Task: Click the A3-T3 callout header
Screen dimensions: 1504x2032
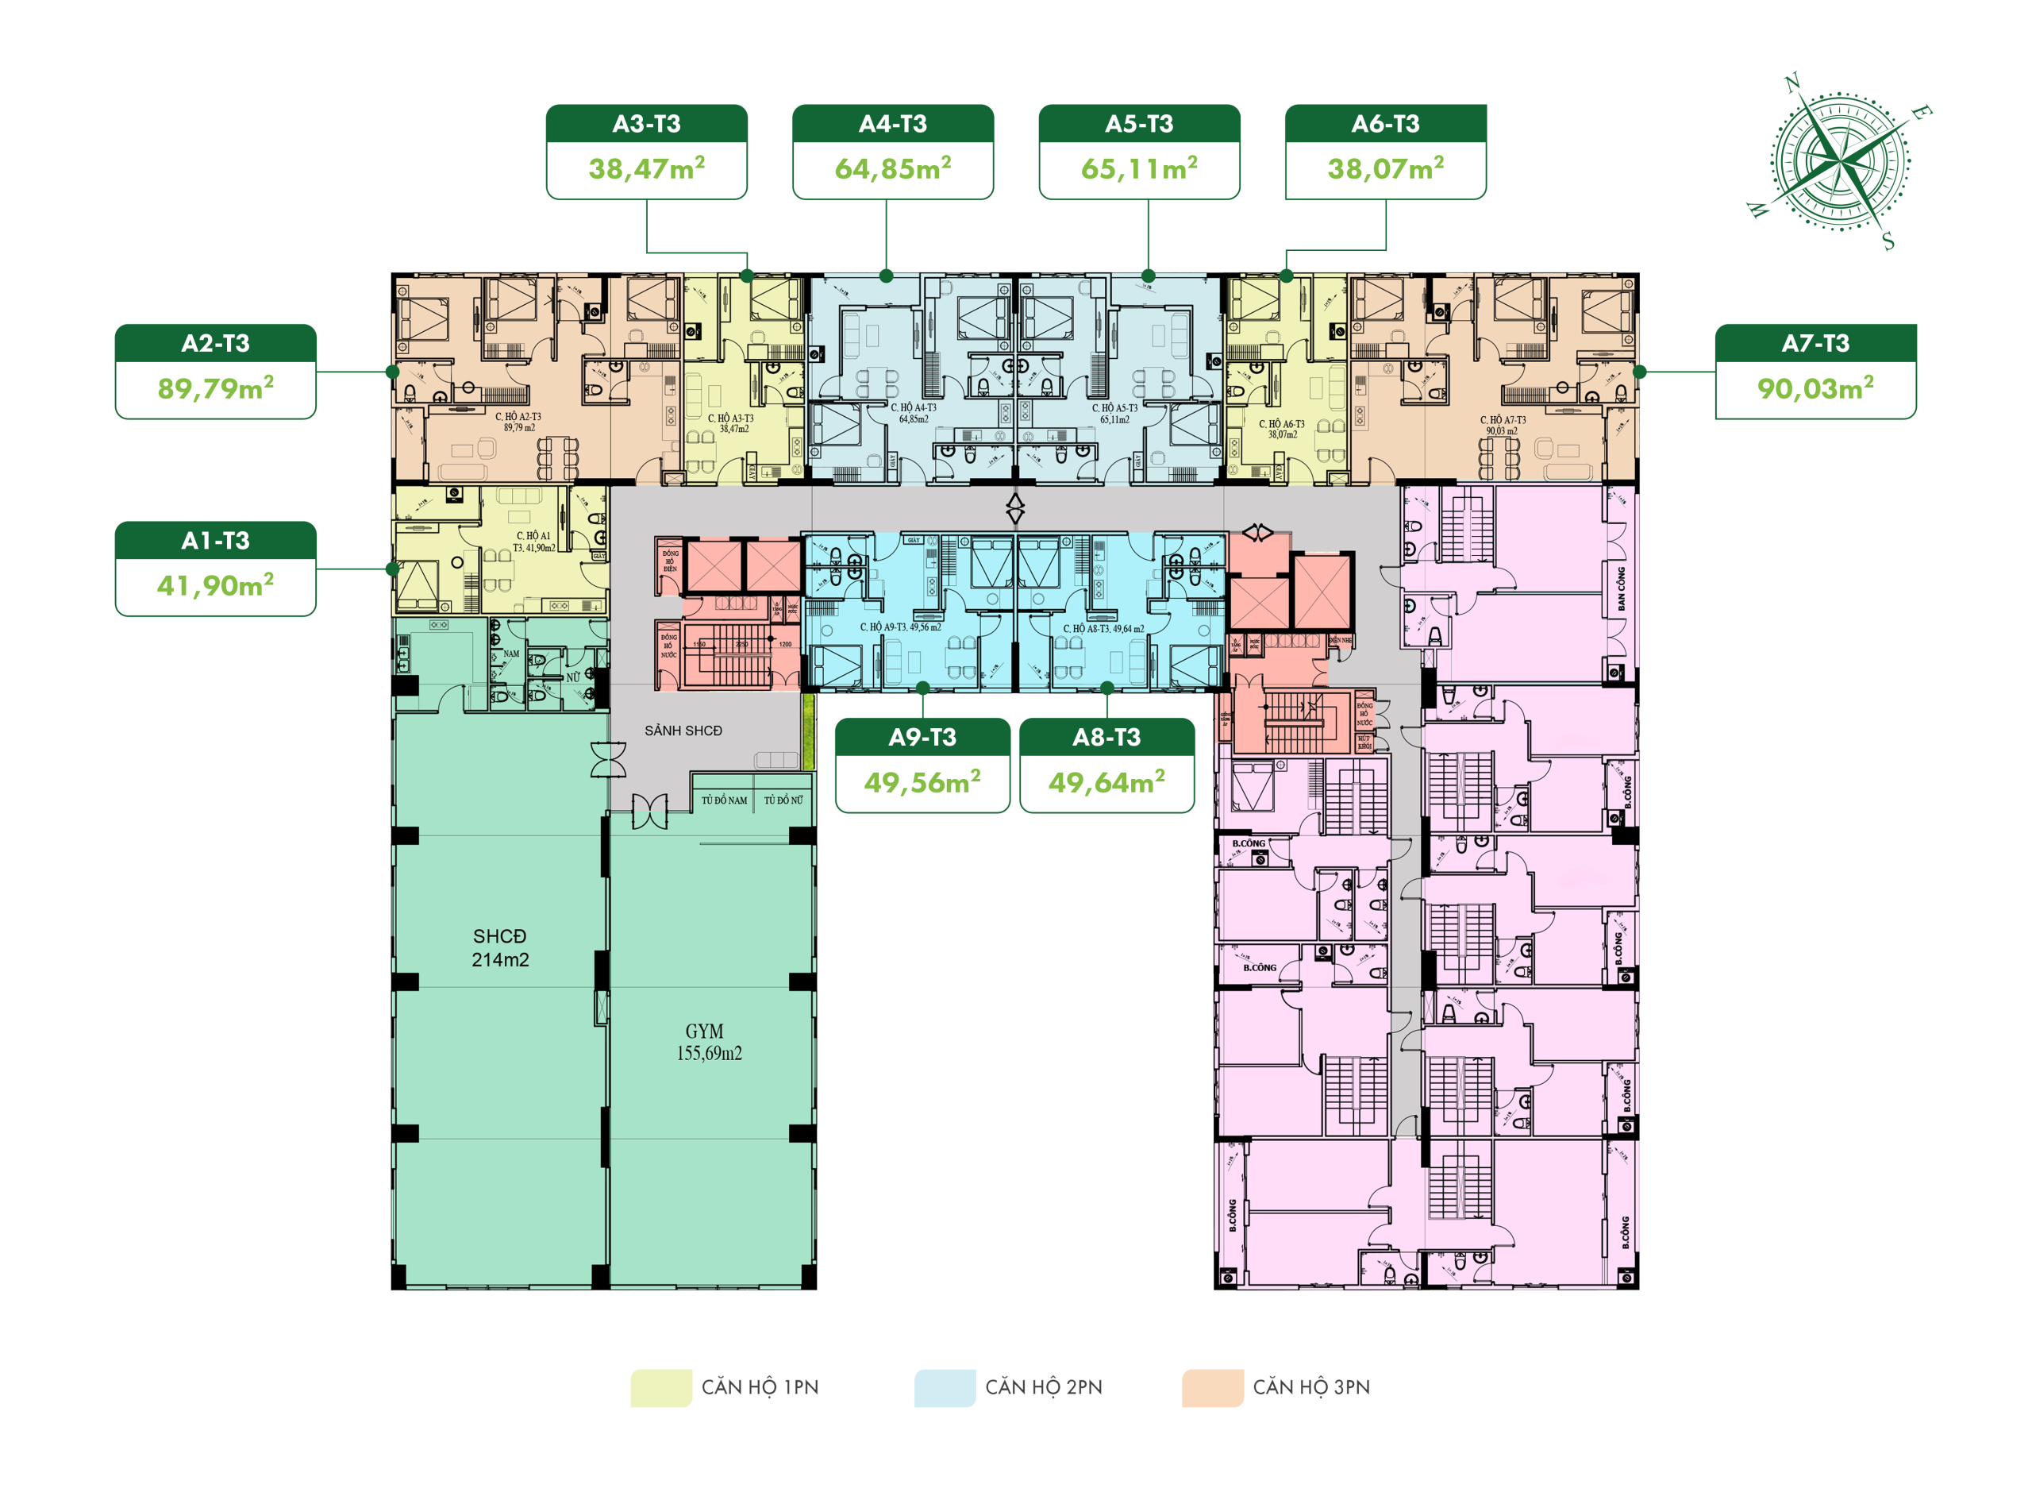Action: click(x=646, y=124)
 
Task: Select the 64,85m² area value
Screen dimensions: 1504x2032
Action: click(x=893, y=169)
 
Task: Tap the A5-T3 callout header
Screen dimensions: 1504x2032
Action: click(x=1139, y=124)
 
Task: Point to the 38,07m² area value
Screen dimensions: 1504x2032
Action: click(x=1385, y=169)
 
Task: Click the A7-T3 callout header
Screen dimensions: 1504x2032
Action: click(x=1815, y=343)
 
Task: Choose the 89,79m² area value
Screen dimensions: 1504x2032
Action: click(x=216, y=389)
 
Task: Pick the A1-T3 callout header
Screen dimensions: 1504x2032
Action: click(x=216, y=541)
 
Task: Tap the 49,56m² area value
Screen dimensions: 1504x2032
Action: click(x=922, y=783)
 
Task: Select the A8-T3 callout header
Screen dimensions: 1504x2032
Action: click(x=1106, y=738)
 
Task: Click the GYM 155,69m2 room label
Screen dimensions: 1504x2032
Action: click(x=708, y=1043)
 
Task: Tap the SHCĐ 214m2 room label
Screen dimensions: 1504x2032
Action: click(x=499, y=947)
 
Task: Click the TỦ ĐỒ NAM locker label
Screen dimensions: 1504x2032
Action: click(x=725, y=800)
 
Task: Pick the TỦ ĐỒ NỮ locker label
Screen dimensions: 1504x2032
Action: click(x=783, y=800)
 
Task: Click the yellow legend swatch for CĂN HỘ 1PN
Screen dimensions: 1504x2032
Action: click(x=660, y=1387)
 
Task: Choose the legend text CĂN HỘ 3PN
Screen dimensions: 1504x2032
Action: click(x=1310, y=1387)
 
